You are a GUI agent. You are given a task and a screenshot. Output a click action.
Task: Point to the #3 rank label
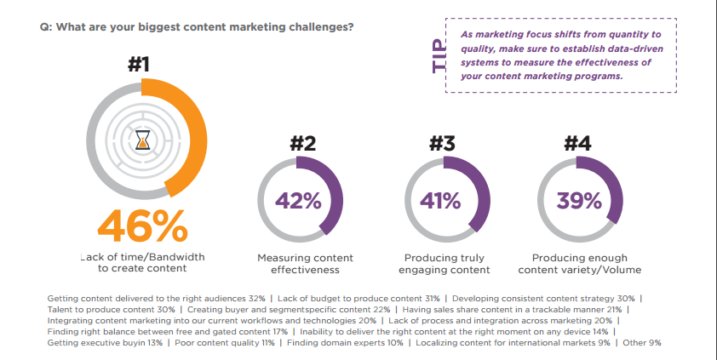coord(444,144)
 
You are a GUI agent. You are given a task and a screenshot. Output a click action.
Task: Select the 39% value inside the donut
coord(579,202)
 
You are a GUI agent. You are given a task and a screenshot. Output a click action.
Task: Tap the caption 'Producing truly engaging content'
coord(444,263)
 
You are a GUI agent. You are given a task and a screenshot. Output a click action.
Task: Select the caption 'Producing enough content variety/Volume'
coord(579,263)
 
